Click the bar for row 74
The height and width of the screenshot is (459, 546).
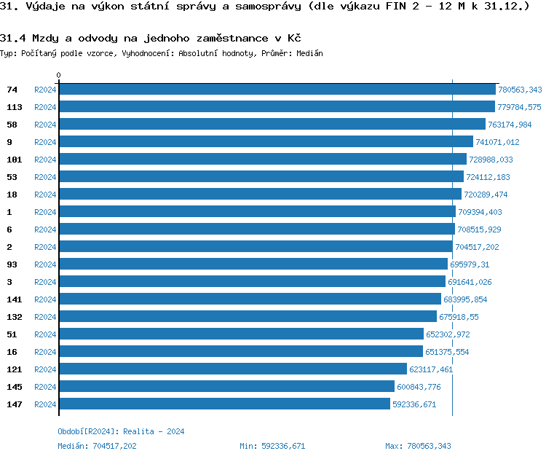click(x=277, y=90)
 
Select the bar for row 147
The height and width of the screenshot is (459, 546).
click(x=224, y=404)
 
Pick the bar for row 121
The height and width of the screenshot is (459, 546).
click(x=232, y=369)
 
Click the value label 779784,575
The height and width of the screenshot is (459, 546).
click(x=519, y=107)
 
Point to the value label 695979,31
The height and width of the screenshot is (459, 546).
click(x=470, y=264)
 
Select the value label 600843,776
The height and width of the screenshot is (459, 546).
click(x=419, y=387)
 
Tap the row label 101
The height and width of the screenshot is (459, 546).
click(x=14, y=160)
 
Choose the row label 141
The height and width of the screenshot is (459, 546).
click(x=14, y=299)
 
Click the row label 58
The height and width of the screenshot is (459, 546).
click(x=12, y=125)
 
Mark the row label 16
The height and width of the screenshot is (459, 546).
click(x=12, y=352)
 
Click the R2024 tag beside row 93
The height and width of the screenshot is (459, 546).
click(x=45, y=264)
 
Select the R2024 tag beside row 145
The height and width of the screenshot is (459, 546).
click(x=45, y=387)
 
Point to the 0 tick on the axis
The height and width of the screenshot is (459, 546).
click(x=59, y=75)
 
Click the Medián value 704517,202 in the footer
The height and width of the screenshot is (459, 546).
click(x=114, y=446)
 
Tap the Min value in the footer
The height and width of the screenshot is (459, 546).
click(x=272, y=446)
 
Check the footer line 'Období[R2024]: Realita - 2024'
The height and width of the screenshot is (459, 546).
click(x=121, y=431)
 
